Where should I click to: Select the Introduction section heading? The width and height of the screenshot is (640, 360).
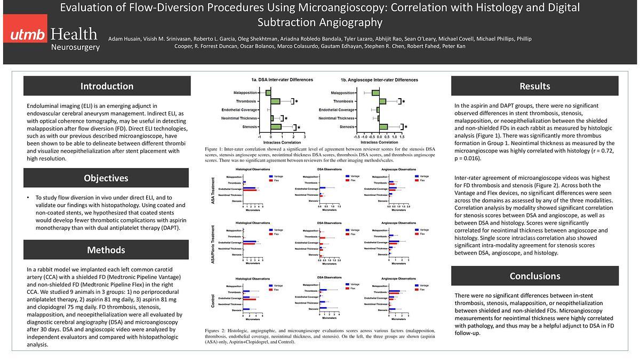click(107, 86)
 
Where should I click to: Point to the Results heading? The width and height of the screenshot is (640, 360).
click(534, 86)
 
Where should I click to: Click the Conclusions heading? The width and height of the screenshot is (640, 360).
click(534, 276)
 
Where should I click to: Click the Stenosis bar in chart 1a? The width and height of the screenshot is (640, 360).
click(276, 127)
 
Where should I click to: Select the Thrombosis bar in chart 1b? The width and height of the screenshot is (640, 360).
click(382, 101)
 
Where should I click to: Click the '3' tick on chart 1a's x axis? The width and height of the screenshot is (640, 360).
click(305, 137)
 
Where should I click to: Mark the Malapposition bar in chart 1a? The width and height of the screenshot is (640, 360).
click(268, 93)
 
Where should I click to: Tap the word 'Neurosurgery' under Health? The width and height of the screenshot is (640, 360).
click(75, 47)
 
